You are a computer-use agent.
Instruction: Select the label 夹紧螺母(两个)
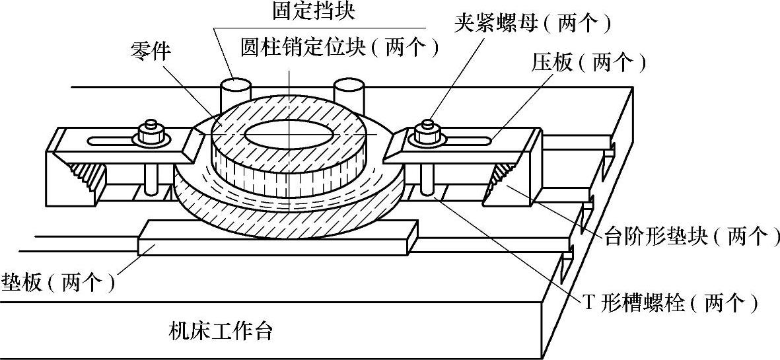(532, 23)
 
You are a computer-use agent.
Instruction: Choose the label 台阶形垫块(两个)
(690, 236)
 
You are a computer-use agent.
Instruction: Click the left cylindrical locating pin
(234, 92)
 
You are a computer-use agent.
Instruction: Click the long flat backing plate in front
(277, 238)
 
